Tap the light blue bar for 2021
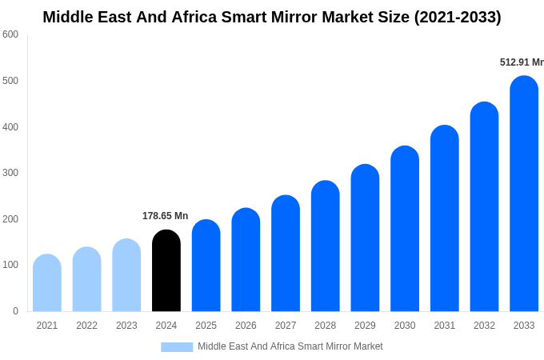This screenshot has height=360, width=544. (47, 283)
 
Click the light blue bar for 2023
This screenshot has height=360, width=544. (126, 275)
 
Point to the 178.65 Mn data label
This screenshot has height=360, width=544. (165, 216)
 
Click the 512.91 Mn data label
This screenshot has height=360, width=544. (521, 62)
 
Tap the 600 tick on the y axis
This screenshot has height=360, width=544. (10, 34)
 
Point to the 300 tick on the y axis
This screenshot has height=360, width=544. (10, 173)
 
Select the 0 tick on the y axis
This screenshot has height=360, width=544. (15, 311)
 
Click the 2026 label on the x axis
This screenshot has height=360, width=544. (246, 326)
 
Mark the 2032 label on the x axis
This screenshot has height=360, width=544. (484, 326)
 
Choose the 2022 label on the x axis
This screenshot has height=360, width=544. (86, 326)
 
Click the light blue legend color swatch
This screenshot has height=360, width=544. (177, 346)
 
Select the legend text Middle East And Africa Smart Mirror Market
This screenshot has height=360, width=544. (290, 346)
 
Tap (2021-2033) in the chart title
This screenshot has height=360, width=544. (457, 17)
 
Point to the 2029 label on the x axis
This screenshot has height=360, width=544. (365, 326)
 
